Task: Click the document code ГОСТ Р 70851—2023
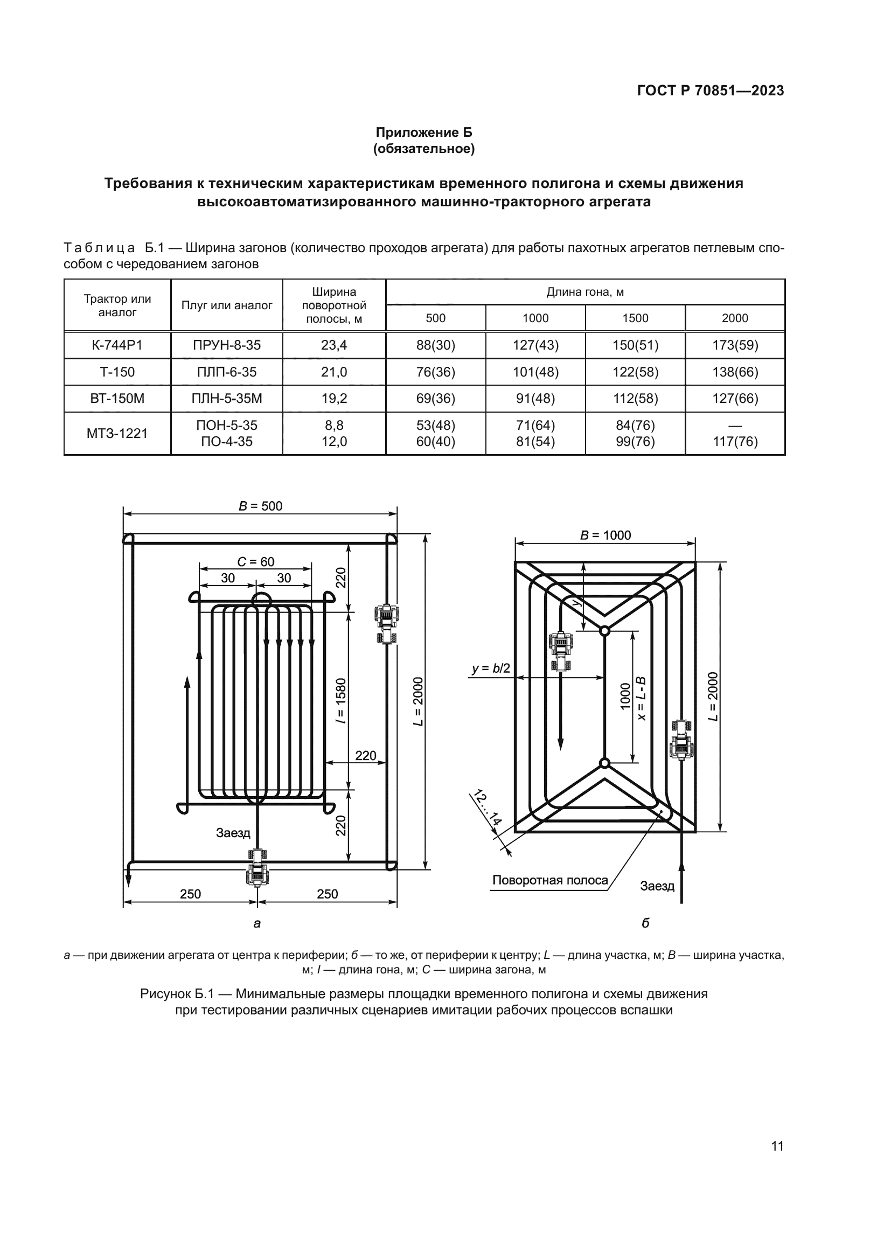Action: point(711,91)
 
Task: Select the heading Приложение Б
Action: point(423,133)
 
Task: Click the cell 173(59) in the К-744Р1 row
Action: point(735,345)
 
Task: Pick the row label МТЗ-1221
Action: point(117,434)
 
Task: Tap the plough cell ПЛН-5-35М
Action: point(227,399)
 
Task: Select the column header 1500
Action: point(635,318)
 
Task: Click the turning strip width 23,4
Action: point(333,345)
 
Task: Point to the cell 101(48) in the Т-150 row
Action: point(535,372)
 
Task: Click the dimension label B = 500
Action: point(260,506)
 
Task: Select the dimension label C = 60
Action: point(256,561)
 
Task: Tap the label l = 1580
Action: point(341,701)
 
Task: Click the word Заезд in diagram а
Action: point(233,833)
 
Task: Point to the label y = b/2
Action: point(491,669)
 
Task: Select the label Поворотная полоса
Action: point(550,880)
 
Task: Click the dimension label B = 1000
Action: point(605,535)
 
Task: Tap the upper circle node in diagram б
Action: point(604,631)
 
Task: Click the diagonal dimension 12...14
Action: point(487,809)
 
